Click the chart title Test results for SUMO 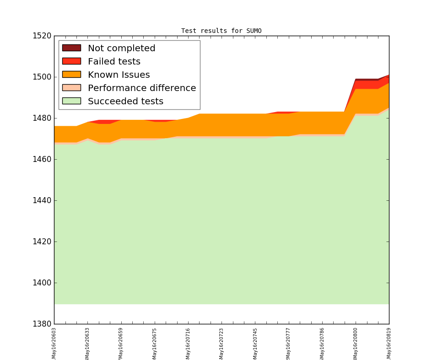point(221,31)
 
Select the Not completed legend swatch point(71,48)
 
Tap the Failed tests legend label point(114,61)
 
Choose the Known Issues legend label point(119,75)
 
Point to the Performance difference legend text point(141,88)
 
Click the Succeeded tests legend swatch point(71,101)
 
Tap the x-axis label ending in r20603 point(54,343)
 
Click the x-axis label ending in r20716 point(188,343)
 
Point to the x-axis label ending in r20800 point(356,343)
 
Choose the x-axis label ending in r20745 point(255,343)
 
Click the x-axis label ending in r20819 point(389,343)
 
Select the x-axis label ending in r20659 point(121,343)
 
